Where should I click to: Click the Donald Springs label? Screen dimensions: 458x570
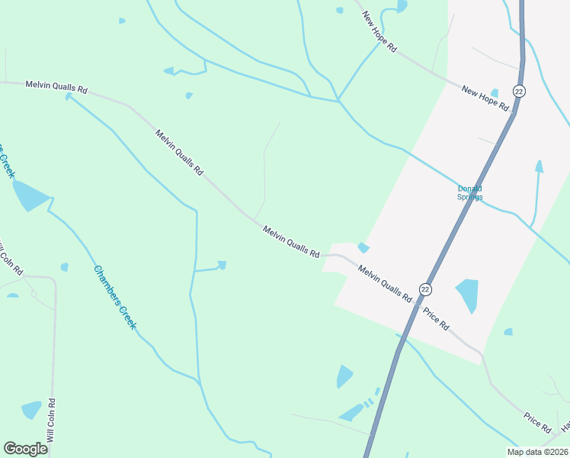coord(469,192)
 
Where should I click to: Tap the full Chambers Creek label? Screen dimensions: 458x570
coord(115,297)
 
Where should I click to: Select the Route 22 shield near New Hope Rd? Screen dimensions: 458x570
coord(519,91)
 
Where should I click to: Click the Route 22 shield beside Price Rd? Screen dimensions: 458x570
coord(425,289)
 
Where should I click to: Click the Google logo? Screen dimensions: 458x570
coord(25,448)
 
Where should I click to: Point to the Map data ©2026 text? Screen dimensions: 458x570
coord(536,452)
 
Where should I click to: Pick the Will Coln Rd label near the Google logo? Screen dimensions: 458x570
coord(51,421)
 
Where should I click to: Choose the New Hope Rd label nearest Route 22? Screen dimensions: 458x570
coord(485,98)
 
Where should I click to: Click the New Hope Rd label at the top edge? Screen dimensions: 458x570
coord(379,31)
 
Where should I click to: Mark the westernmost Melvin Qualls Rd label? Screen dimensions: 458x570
coord(56,87)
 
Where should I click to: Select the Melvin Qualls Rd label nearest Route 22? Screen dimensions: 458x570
coord(385,282)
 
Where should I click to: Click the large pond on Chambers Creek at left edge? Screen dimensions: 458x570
coord(30,195)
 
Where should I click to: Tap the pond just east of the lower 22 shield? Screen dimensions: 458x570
coord(468,294)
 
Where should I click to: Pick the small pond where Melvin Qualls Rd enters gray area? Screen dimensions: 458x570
coord(363,247)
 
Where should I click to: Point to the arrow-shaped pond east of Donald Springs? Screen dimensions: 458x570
coord(539,167)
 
